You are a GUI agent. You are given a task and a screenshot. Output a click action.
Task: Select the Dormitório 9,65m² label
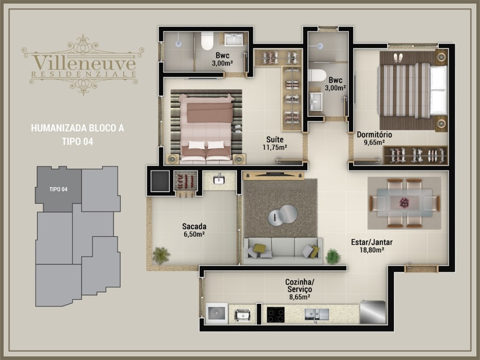tap(374, 138)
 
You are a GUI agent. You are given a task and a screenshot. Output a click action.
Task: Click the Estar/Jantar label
tap(372, 242)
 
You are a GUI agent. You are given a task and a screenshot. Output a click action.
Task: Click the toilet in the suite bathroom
tap(207, 41)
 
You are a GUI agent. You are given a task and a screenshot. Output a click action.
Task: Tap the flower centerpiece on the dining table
tap(405, 202)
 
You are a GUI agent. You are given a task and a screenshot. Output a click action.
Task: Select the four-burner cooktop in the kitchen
tap(276, 315)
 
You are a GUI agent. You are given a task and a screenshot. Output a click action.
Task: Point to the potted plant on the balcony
tap(161, 255)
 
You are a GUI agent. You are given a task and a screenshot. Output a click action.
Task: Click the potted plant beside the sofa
tap(333, 256)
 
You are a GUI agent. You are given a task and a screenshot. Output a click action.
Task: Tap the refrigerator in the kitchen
tap(373, 312)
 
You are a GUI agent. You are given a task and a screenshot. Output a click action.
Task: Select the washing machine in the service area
tap(217, 313)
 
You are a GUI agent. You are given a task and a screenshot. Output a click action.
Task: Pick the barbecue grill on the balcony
tap(186, 181)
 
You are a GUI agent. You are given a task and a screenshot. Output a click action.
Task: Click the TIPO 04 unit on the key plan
tap(58, 189)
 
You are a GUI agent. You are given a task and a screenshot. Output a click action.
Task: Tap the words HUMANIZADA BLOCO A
tap(78, 128)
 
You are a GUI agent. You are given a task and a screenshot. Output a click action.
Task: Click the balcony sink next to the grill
tap(219, 179)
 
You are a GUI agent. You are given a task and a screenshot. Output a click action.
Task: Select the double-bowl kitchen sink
tap(317, 315)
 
